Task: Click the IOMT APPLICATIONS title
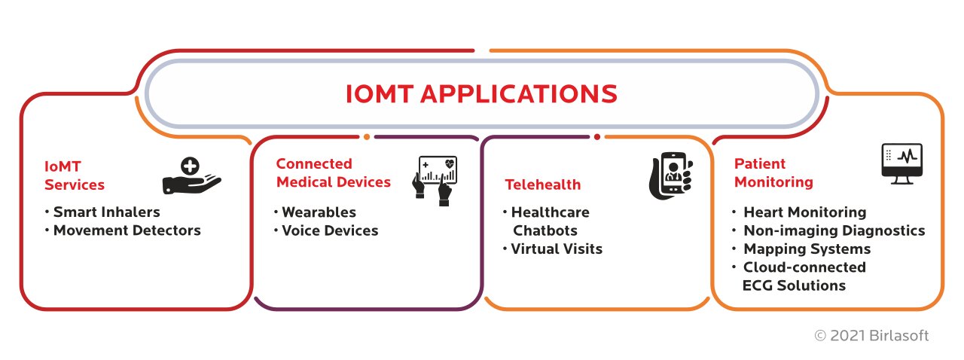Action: (481, 94)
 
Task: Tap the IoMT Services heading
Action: (75, 175)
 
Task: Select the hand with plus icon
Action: (191, 175)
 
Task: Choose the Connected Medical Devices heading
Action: (334, 173)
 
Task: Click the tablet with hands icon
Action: (435, 181)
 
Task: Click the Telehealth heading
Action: (543, 185)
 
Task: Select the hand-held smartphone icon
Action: (671, 176)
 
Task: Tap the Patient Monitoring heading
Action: (773, 173)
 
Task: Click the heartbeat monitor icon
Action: (902, 164)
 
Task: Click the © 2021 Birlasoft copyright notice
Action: (871, 335)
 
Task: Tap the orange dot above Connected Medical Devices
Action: (367, 137)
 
